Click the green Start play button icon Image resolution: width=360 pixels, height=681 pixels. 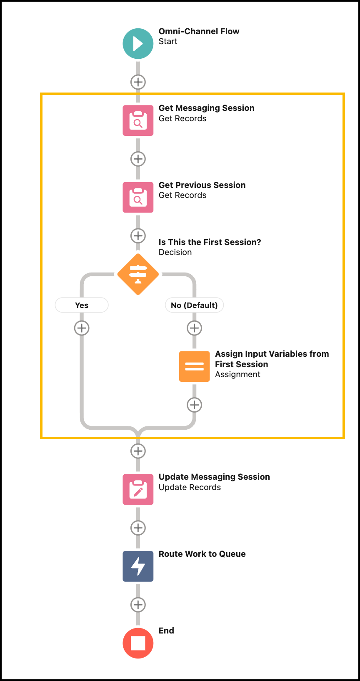point(138,43)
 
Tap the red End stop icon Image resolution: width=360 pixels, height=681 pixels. point(138,643)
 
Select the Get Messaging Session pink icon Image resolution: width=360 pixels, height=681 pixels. point(138,120)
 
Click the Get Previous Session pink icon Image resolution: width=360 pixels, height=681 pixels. point(138,197)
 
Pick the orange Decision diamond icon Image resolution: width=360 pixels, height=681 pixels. point(138,274)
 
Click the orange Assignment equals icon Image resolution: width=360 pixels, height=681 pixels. point(194,366)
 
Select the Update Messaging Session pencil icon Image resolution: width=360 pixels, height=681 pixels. point(138,489)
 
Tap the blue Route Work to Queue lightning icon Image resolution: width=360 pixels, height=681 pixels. point(138,566)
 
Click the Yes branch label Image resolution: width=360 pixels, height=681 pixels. point(82,305)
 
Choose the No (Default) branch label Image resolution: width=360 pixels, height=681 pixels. point(194,305)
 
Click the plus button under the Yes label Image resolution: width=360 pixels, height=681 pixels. point(82,328)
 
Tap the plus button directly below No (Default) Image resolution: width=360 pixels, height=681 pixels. point(194,328)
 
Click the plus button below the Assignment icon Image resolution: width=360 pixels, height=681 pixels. point(194,405)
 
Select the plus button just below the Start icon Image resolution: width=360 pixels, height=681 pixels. point(138,82)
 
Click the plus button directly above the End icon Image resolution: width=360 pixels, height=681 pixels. point(138,605)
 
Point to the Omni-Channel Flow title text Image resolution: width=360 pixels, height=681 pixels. point(199,31)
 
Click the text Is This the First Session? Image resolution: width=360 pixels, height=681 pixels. point(210,242)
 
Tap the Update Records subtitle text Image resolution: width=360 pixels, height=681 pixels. point(190,487)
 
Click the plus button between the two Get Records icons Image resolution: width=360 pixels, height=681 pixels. point(138,159)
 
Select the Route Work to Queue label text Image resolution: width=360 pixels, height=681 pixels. point(202,554)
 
